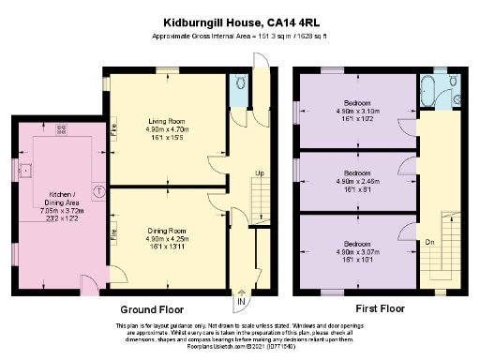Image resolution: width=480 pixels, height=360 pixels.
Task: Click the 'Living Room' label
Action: coord(169,120)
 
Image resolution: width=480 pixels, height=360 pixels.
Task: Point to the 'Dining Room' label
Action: coord(169,230)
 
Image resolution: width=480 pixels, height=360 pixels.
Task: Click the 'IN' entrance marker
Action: coord(241,302)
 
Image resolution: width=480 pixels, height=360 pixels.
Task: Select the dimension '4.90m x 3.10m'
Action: coord(356,112)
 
